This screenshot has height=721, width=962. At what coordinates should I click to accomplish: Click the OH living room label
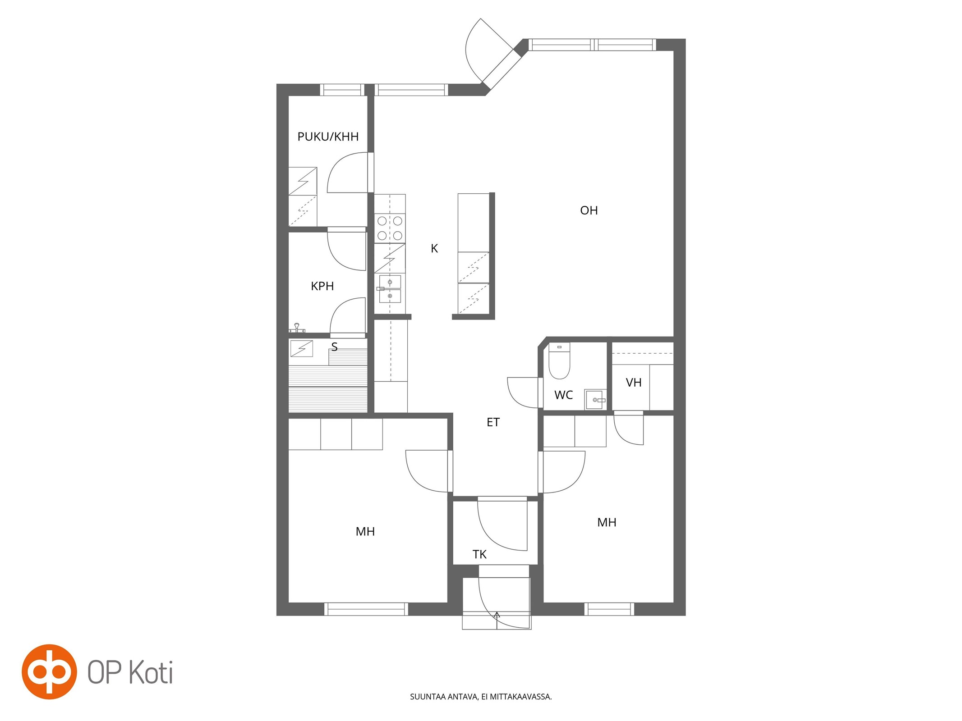589,210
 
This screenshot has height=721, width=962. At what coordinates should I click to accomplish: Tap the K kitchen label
434,248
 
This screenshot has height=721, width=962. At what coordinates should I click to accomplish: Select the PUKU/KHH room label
328,137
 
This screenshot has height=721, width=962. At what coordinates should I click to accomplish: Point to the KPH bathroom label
322,286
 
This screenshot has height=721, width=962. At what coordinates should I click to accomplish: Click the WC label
563,395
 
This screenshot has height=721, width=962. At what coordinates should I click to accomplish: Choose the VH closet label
634,383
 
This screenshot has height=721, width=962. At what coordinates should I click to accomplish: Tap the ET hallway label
493,422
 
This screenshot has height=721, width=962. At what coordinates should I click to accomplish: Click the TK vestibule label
479,554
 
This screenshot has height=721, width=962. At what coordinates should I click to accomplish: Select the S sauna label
334,347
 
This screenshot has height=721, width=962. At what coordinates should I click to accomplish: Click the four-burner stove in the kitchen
390,228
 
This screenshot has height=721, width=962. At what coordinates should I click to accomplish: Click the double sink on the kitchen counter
390,289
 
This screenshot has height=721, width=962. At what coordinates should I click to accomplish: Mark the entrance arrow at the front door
497,620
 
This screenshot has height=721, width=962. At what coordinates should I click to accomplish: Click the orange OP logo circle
49,672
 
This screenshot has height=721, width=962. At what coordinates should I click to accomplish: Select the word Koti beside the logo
151,673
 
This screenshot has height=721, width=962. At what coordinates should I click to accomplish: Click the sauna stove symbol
302,348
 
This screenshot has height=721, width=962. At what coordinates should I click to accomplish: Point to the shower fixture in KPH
297,328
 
